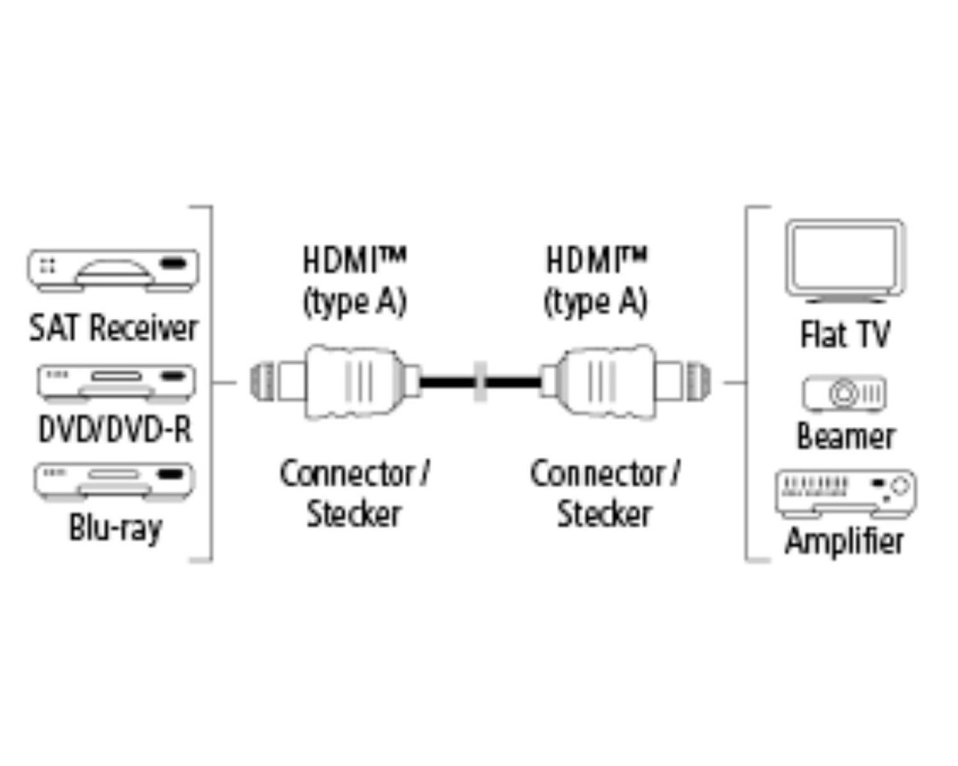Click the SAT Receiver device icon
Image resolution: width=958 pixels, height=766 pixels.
(113, 271)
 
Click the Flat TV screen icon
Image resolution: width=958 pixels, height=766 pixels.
(845, 260)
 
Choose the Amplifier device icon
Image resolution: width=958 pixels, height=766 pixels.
(845, 493)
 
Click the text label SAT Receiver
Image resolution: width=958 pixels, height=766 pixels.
(113, 328)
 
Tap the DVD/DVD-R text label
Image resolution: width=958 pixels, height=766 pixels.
(115, 430)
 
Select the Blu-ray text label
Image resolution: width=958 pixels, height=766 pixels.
(115, 528)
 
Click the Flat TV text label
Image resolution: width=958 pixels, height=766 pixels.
(844, 334)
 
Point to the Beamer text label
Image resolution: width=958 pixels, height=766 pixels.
(845, 437)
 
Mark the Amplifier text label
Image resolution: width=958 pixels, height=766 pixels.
(844, 541)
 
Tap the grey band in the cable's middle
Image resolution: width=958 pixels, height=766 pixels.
(480, 382)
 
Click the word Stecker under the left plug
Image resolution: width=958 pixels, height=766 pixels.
(353, 514)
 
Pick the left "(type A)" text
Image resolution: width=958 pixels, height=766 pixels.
(354, 301)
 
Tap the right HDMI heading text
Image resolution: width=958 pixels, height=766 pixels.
(595, 260)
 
